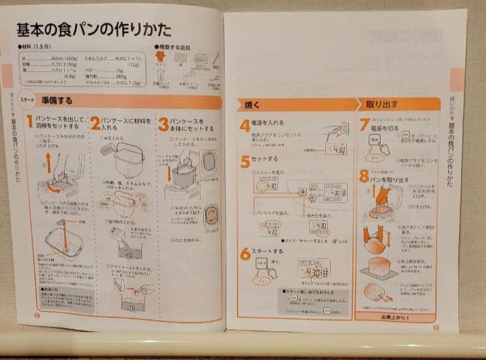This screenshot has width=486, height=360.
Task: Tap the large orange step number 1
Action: [x=30, y=123]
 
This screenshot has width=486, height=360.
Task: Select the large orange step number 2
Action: [x=96, y=123]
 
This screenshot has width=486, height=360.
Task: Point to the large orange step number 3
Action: [x=163, y=124]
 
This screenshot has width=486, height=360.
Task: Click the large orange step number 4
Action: [x=244, y=126]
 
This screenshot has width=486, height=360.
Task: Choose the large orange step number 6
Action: [x=244, y=255]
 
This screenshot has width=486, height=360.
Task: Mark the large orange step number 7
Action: [x=364, y=125]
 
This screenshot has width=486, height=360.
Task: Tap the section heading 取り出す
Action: [x=381, y=105]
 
